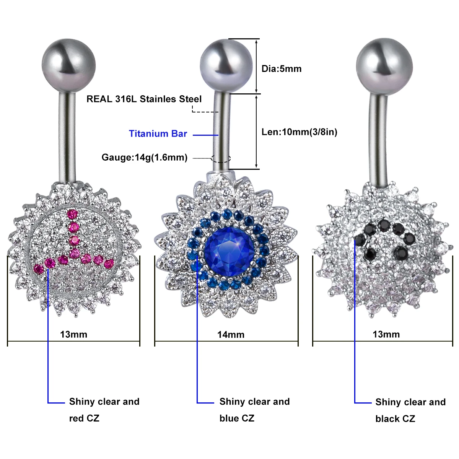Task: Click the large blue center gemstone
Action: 229,252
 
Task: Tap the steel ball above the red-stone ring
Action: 68,65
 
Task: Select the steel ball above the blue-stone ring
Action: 226,66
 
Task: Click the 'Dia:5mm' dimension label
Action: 282,69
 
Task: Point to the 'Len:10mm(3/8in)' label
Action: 299,132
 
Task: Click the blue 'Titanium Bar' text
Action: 158,133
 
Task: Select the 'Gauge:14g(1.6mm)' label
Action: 145,158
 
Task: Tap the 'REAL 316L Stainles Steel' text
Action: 144,99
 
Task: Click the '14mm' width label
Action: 231,335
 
